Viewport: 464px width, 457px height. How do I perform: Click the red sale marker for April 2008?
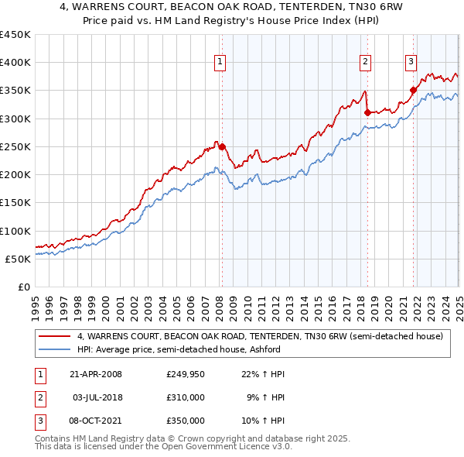(222, 146)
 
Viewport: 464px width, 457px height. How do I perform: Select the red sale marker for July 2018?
(367, 112)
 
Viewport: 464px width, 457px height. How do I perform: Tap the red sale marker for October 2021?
(413, 90)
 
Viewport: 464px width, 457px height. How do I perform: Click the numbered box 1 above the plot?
(220, 63)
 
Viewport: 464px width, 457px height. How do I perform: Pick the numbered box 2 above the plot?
(365, 63)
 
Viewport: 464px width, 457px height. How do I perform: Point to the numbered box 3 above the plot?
(411, 63)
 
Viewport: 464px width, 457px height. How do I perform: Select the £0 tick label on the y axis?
(25, 287)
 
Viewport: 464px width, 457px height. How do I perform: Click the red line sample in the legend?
(56, 337)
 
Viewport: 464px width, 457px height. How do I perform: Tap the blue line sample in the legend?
(56, 349)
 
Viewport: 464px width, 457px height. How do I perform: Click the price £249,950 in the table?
(186, 374)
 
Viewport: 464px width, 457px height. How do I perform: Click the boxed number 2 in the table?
(39, 397)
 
